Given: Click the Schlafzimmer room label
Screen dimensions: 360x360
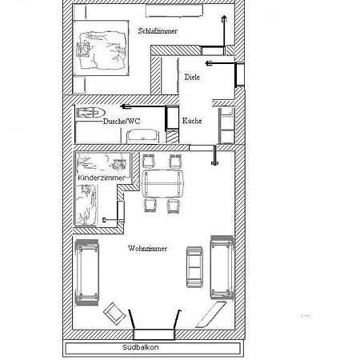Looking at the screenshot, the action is click(158, 31).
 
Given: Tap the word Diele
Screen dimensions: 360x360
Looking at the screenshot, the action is click(192, 77).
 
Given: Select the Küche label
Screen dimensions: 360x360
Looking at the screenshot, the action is click(192, 121).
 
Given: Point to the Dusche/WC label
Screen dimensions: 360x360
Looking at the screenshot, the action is click(122, 122).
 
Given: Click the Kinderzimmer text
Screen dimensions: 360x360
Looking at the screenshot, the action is click(102, 178).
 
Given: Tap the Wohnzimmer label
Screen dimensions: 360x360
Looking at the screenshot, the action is click(147, 249).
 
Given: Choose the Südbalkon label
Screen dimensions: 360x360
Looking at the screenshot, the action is click(140, 347).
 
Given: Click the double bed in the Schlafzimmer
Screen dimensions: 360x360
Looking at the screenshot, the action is click(101, 48).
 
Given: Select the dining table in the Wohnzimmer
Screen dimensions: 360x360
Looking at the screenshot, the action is click(162, 183).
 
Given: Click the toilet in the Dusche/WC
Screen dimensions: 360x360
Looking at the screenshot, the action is click(91, 113).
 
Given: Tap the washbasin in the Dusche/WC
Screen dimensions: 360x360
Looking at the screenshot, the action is click(142, 136).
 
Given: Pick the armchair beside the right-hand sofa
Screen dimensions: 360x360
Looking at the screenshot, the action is click(194, 267).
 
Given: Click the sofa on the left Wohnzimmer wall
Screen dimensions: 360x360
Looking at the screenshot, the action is click(87, 272).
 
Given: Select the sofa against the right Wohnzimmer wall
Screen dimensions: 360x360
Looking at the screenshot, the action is click(222, 267).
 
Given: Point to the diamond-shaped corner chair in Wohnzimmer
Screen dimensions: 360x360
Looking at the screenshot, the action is click(114, 314).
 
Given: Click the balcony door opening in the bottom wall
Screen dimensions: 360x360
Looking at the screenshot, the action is click(154, 334).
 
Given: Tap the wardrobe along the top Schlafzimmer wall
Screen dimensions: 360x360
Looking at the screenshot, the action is click(174, 11).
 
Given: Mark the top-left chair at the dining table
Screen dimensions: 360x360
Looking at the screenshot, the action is click(148, 161).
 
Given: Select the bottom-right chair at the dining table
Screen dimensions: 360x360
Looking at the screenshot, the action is click(174, 206).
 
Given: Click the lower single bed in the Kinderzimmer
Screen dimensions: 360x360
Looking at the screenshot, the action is click(86, 205).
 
